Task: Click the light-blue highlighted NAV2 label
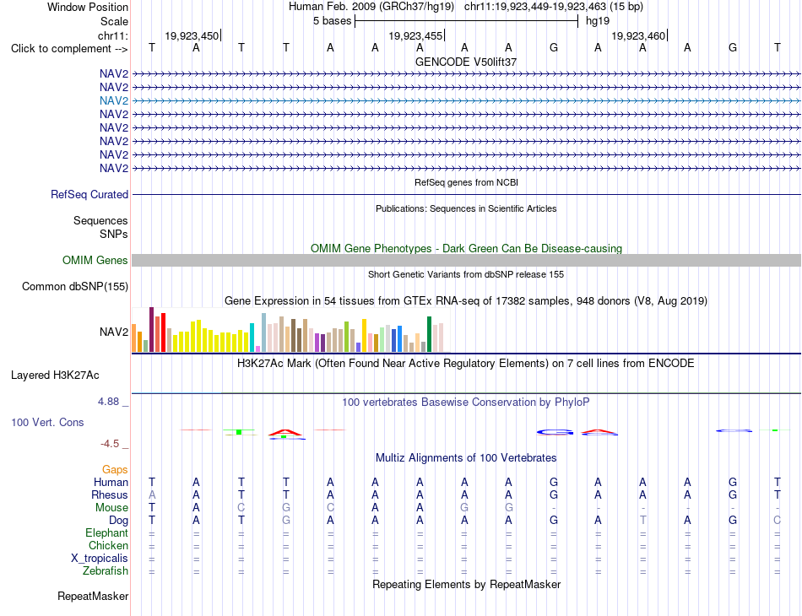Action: click(114, 100)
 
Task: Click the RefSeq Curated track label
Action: click(89, 194)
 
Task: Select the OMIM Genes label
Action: click(95, 260)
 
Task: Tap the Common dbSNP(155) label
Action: click(75, 286)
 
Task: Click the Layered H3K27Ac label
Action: click(55, 376)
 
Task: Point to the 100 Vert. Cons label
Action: click(47, 422)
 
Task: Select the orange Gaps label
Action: click(115, 469)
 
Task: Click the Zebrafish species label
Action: click(106, 570)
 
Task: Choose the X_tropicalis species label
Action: click(100, 559)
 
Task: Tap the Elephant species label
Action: click(107, 532)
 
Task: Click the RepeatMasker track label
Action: click(93, 596)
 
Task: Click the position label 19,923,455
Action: click(415, 35)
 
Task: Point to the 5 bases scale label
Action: click(333, 21)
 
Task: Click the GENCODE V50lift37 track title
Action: click(466, 62)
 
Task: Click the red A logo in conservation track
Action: click(285, 433)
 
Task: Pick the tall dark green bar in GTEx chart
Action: click(429, 334)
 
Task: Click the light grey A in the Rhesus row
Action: click(151, 494)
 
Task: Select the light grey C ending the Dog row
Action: click(777, 521)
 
